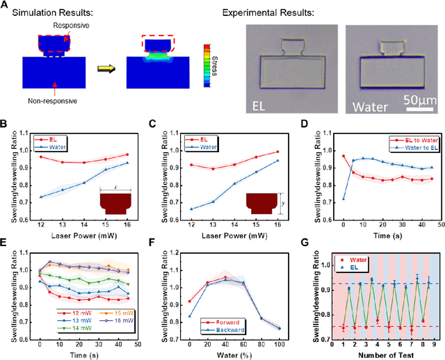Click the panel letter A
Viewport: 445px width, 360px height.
(6, 6)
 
